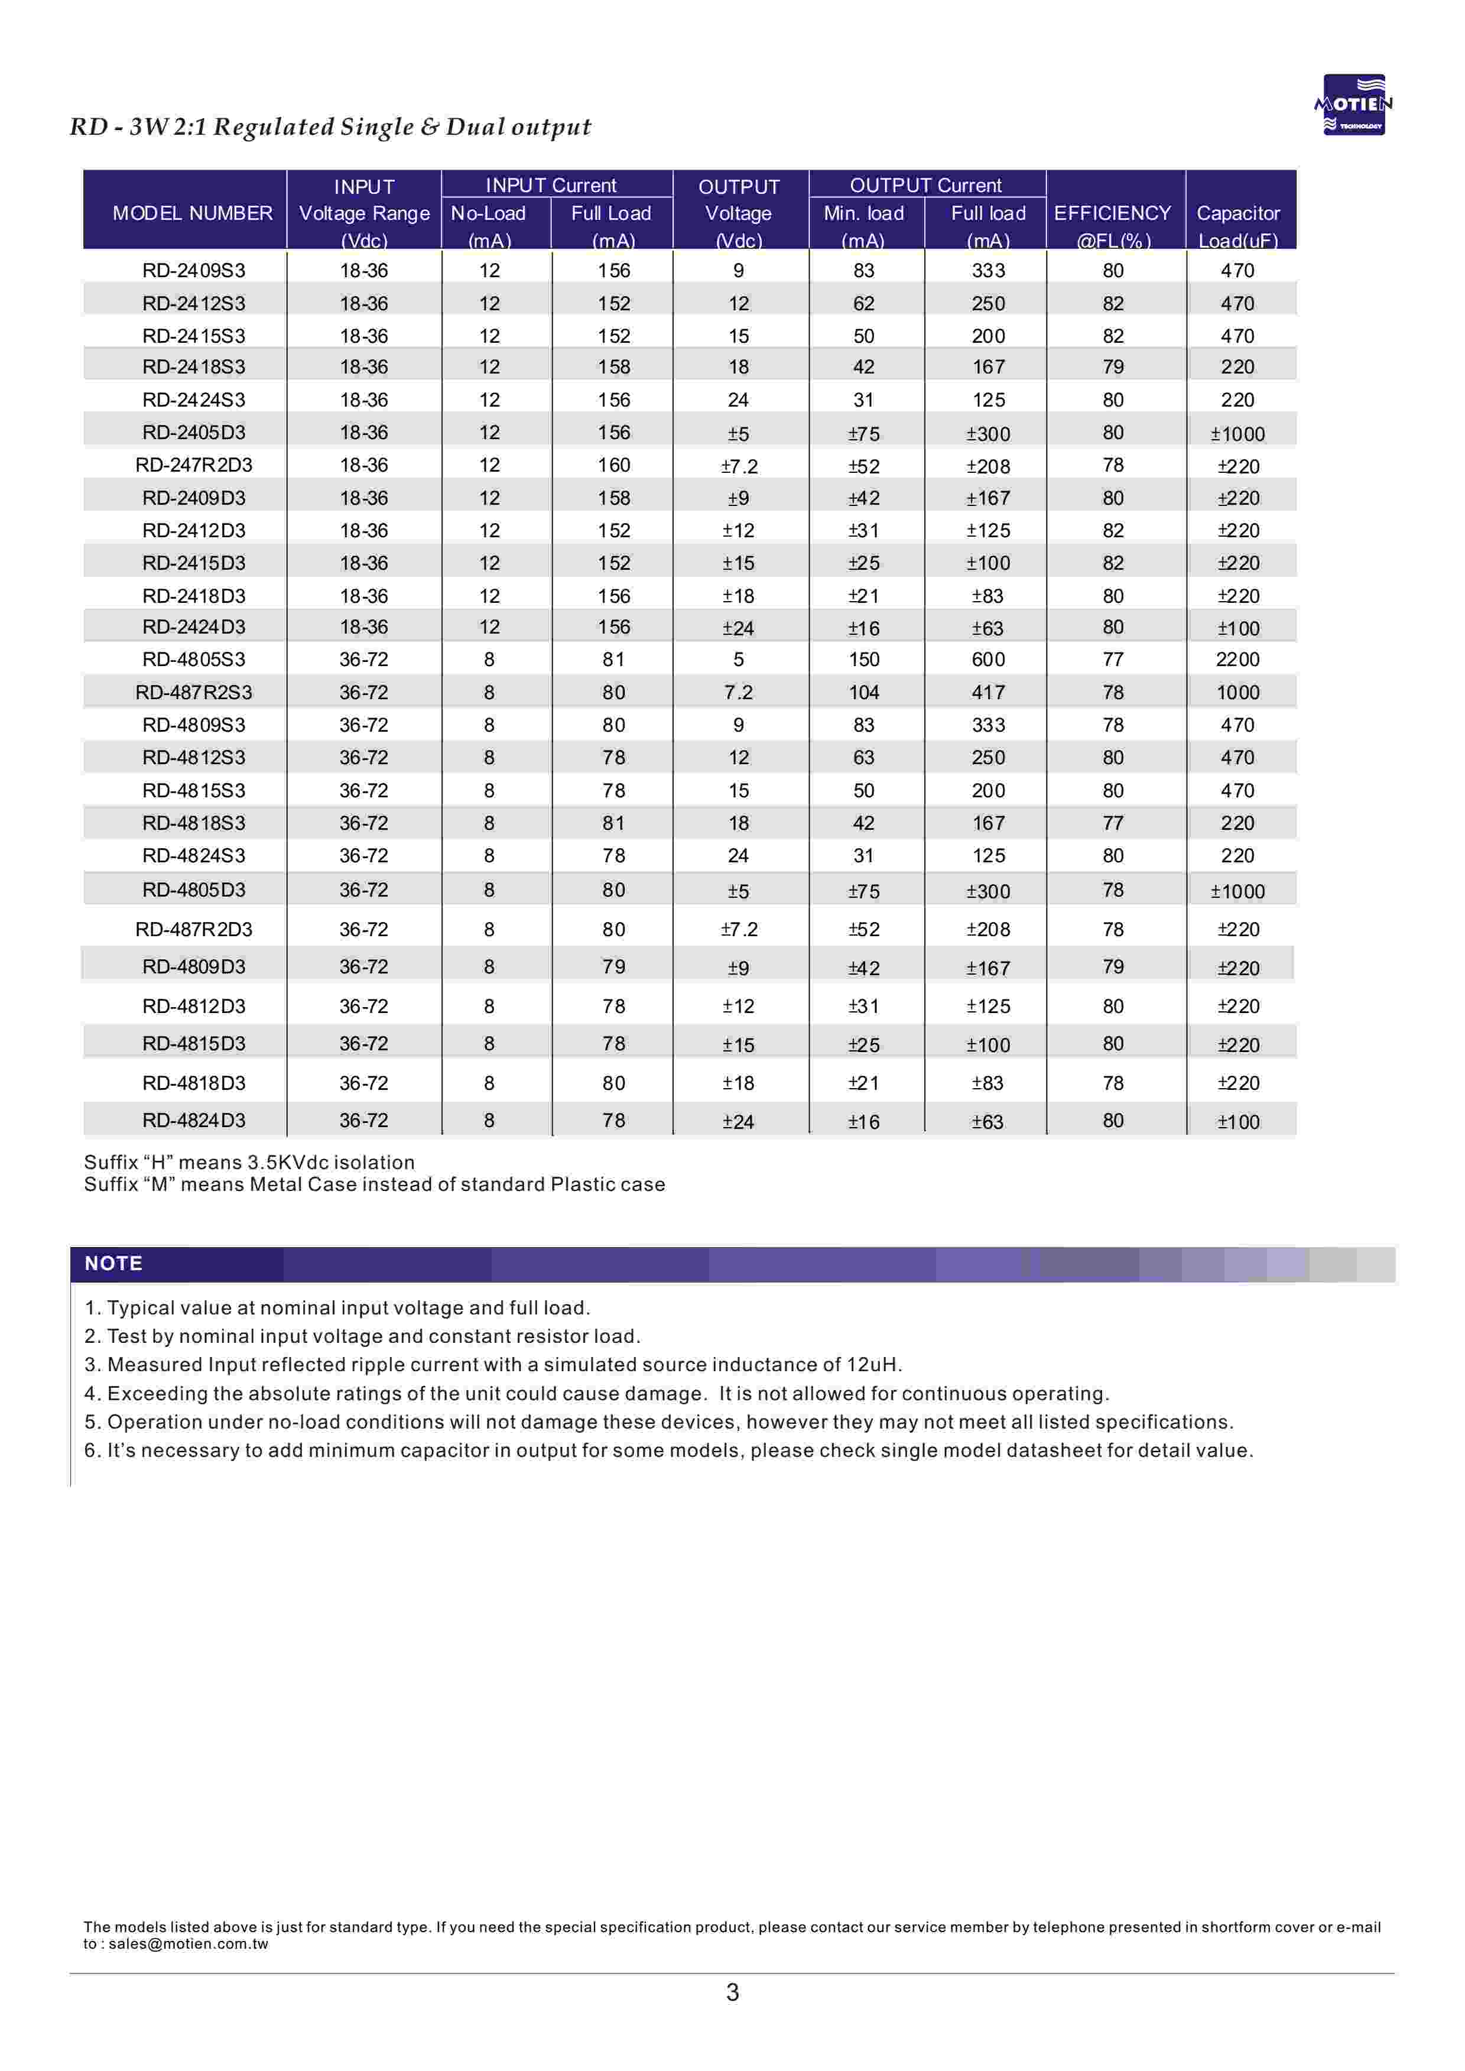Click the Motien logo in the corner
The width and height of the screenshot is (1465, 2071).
[1353, 105]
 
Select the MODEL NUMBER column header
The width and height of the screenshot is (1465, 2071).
[192, 213]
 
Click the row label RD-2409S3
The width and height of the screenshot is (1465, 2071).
[193, 271]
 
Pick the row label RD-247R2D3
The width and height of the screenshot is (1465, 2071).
[193, 465]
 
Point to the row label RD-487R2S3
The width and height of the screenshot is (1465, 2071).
[193, 693]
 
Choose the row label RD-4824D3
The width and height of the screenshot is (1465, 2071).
[193, 1120]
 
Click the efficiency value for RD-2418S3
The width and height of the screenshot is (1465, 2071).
[1113, 367]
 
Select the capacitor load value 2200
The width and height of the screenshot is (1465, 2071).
[1237, 660]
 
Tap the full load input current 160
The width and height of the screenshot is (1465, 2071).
[613, 465]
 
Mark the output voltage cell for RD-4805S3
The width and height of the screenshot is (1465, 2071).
[738, 660]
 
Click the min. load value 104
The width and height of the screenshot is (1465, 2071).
[863, 693]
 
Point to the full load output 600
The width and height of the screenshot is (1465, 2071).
[988, 660]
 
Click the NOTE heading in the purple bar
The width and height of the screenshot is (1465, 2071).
[113, 1263]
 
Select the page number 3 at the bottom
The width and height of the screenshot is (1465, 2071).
[733, 1992]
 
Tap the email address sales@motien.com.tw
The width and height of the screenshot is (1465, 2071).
[188, 1944]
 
